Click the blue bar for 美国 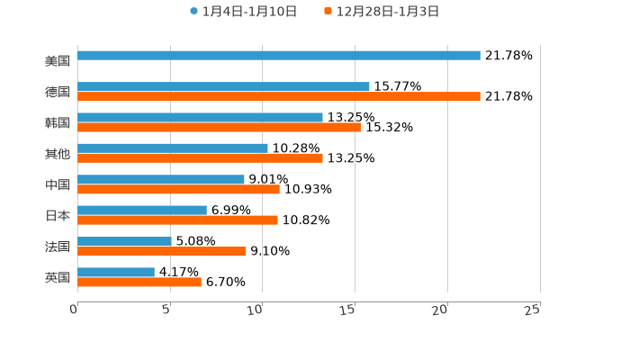(x=279, y=56)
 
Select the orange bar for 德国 (x=279, y=97)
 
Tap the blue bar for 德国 (x=223, y=87)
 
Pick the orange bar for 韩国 (x=219, y=128)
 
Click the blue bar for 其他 (x=173, y=148)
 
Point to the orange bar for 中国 (x=178, y=190)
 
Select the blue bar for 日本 (x=142, y=211)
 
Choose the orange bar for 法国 (x=162, y=252)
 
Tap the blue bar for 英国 (x=116, y=273)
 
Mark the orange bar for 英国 (x=139, y=283)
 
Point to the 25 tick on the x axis (x=533, y=310)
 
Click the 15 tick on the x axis (x=348, y=310)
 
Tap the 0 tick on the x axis (x=74, y=310)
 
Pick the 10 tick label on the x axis (x=256, y=310)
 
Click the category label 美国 (x=58, y=61)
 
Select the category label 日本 (x=58, y=216)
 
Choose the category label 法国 (x=58, y=247)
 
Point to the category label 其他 (x=58, y=154)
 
